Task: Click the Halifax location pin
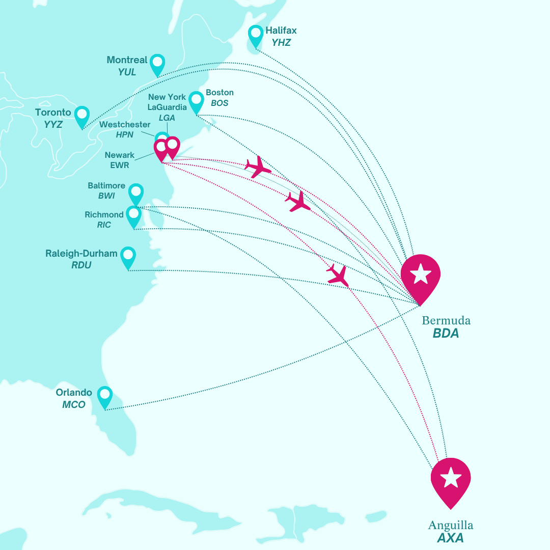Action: click(x=256, y=36)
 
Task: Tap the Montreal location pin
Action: click(x=157, y=64)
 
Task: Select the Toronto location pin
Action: click(x=81, y=116)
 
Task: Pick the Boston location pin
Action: click(x=196, y=101)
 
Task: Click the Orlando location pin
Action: click(x=104, y=396)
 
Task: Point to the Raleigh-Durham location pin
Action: click(x=128, y=256)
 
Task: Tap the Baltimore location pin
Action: click(x=136, y=194)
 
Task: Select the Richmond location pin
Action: click(x=133, y=215)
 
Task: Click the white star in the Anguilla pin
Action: click(x=451, y=478)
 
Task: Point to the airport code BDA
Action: click(x=446, y=334)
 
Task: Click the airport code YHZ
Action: click(x=281, y=43)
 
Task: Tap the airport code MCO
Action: click(x=74, y=405)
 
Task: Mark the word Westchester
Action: click(x=125, y=125)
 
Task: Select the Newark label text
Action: click(x=120, y=155)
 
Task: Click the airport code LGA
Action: click(x=167, y=118)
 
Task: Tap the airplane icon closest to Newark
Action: click(x=258, y=167)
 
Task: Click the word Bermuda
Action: click(x=446, y=321)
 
